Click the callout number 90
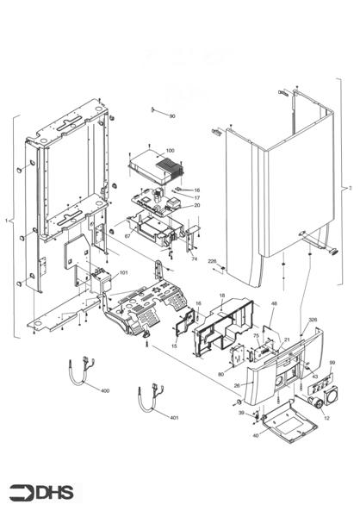point(171,115)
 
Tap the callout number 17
point(196,197)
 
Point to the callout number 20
point(196,206)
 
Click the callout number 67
point(127,235)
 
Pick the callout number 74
point(194,258)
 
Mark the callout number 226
point(212,264)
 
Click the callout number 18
point(221,296)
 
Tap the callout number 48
point(274,304)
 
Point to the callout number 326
point(313,320)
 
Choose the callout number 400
point(105,391)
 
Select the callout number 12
point(326,418)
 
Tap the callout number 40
point(255,435)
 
